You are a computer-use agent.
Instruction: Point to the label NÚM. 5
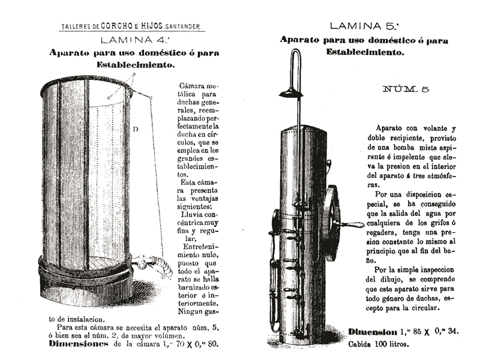pyautogui.click(x=406, y=89)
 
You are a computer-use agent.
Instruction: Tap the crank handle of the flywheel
pyautogui.click(x=350, y=224)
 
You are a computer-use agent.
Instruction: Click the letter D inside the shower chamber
pyautogui.click(x=136, y=129)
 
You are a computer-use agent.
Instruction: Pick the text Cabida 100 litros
pyautogui.click(x=379, y=344)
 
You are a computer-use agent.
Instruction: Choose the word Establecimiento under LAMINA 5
pyautogui.click(x=364, y=53)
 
